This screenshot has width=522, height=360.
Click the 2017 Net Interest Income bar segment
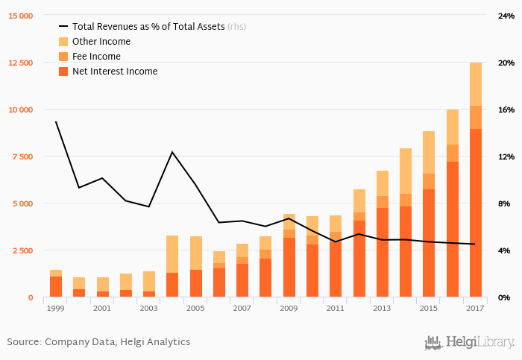(x=475, y=212)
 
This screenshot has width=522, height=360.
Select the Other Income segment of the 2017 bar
(x=475, y=84)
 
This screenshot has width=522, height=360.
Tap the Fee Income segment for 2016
(x=452, y=153)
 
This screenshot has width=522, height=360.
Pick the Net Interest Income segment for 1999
(x=56, y=286)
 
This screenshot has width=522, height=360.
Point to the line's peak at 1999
(x=56, y=121)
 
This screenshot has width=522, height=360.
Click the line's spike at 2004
(x=172, y=152)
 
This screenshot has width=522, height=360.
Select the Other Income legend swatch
(x=63, y=42)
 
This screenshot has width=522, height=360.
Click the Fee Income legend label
(x=96, y=57)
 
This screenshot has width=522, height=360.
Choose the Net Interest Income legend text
(x=115, y=72)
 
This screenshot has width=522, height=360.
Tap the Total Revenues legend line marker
(x=63, y=27)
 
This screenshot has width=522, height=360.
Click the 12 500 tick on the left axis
(x=21, y=63)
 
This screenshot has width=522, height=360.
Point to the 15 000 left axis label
(x=21, y=16)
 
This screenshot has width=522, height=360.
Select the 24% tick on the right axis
(x=506, y=16)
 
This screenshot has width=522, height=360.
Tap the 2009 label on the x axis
(x=289, y=308)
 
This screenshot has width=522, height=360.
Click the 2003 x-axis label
(x=149, y=308)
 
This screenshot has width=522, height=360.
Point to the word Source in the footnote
(x=23, y=341)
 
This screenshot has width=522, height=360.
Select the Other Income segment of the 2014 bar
(x=405, y=171)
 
